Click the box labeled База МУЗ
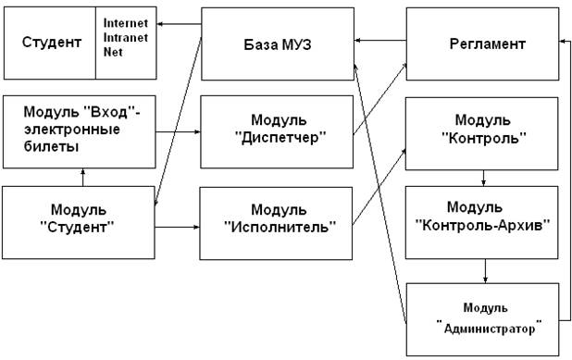278,44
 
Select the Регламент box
482,44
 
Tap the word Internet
126,23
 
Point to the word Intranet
126,37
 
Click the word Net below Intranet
113,52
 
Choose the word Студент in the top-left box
52,43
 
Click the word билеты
52,146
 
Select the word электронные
72,130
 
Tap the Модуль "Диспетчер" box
277,131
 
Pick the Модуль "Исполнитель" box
276,224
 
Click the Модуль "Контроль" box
482,133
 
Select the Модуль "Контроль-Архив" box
482,223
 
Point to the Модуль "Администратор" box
482,319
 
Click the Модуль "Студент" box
79,222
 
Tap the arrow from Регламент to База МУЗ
380,41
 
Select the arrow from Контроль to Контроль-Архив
483,178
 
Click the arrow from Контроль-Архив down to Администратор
485,271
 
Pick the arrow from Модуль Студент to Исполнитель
178,228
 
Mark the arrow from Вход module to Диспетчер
178,131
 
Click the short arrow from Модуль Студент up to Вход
82,178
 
